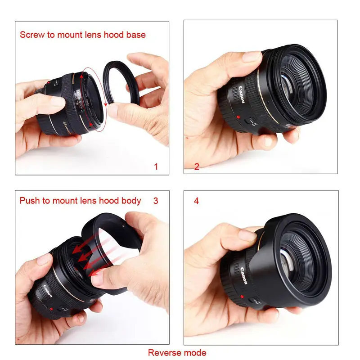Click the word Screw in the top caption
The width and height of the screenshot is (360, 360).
point(31,35)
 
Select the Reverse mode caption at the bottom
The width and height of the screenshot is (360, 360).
point(177,352)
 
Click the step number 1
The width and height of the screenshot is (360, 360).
point(156,167)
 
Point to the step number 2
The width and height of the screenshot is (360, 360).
point(197,167)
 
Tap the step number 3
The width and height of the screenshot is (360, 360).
point(156,201)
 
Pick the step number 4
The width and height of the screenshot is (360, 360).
point(196,201)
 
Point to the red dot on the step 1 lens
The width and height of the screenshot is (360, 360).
point(49,84)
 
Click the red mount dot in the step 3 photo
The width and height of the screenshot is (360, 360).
point(52,309)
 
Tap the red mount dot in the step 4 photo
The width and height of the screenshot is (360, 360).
point(242,297)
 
